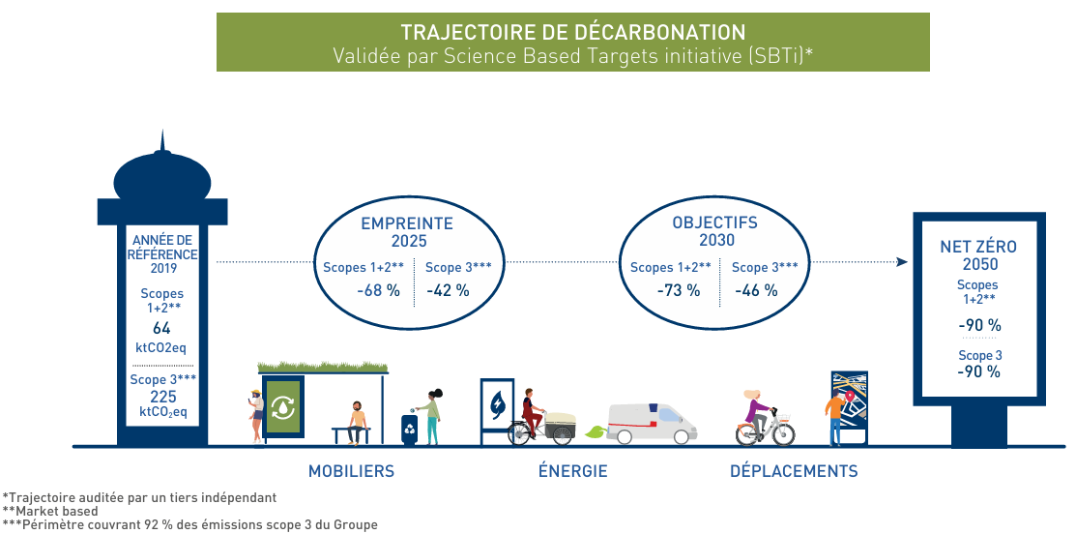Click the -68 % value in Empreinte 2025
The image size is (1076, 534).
378,290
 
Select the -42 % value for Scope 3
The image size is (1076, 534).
448,290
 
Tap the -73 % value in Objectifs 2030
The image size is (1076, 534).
678,290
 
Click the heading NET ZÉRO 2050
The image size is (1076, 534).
978,255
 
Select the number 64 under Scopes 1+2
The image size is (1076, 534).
161,329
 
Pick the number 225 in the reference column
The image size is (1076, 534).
161,397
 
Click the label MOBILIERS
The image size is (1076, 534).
351,472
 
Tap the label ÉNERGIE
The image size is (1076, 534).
572,472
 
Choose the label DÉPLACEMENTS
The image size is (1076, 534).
793,472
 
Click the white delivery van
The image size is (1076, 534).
652,422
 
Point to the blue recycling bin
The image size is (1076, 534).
409,430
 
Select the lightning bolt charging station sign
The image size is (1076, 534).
497,403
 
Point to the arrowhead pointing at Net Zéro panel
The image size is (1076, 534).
901,262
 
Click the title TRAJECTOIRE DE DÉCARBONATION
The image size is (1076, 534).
572,32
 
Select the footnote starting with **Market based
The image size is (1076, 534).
49,511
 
